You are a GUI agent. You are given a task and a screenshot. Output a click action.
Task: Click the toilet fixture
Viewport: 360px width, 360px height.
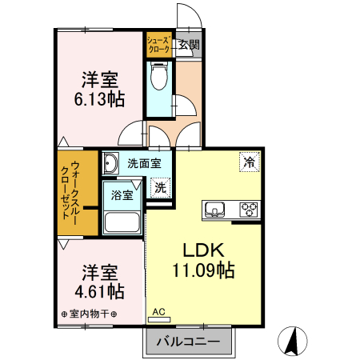(x=159, y=78)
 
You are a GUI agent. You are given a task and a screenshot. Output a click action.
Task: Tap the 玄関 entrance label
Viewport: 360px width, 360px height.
(x=189, y=45)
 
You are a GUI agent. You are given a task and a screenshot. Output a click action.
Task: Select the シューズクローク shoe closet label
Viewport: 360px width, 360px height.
(x=158, y=45)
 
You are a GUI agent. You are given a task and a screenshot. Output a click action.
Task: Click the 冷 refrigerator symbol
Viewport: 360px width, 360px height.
(x=250, y=162)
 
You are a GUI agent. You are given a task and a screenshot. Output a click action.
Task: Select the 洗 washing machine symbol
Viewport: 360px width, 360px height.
(x=161, y=189)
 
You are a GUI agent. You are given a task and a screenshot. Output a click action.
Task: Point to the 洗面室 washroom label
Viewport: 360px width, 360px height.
(x=144, y=163)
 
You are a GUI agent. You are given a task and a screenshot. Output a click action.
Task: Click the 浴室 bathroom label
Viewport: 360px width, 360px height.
(x=122, y=194)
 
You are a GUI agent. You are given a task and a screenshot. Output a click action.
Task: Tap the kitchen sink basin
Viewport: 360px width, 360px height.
(x=214, y=210)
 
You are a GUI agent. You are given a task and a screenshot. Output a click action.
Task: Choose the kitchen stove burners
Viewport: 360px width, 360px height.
(x=250, y=210)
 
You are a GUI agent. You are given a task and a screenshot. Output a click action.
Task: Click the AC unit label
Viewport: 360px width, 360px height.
(x=158, y=311)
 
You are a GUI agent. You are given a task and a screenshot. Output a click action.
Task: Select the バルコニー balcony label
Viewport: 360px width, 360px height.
(x=189, y=341)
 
